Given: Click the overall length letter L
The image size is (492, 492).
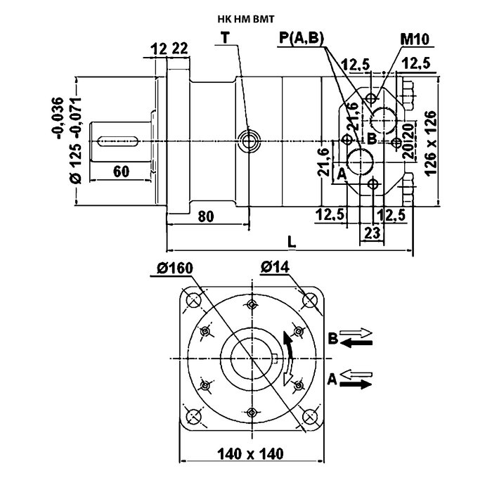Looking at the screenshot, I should coord(292,241).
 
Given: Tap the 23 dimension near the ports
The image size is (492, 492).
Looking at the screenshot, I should coord(373,231).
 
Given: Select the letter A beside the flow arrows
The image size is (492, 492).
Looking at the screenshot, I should coord(331,380).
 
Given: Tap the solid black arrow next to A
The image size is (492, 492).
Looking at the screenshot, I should coord(358,384).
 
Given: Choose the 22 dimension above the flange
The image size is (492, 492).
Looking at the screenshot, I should coord(180,48).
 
